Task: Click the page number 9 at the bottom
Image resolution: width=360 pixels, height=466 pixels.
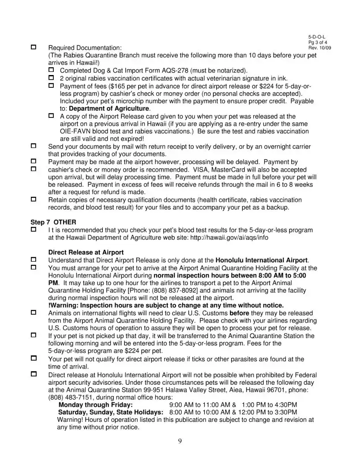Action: (180, 440)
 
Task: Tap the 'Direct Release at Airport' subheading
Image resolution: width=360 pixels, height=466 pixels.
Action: (86, 252)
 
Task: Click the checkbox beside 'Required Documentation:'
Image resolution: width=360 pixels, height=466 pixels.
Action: (34, 47)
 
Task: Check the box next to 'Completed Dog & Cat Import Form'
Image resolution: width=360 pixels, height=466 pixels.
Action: (51, 70)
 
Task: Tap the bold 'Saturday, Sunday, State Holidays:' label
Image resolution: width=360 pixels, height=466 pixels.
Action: (111, 412)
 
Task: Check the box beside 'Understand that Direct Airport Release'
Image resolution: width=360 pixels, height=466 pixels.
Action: (34, 260)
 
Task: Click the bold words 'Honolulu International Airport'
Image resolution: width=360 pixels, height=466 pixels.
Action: (261, 260)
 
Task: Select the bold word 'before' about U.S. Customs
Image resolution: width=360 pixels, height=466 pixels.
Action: (240, 313)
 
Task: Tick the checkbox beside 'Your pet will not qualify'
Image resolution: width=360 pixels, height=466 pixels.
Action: (34, 358)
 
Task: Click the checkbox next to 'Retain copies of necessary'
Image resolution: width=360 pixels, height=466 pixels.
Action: (34, 199)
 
